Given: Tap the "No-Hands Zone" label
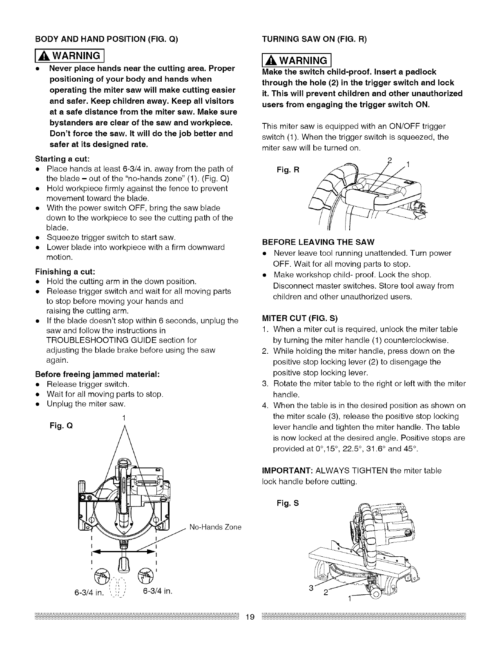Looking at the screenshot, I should [215, 527].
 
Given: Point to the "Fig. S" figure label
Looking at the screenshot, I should [288, 503].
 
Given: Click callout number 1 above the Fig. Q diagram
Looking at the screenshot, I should [123, 417].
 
